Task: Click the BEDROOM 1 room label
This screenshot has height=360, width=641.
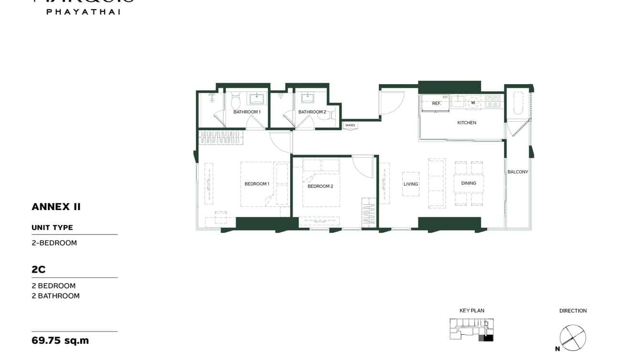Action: [257, 184]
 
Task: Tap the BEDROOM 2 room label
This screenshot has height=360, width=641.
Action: [320, 186]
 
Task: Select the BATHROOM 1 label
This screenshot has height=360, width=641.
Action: [247, 112]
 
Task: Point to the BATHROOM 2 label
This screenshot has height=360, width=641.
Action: [312, 112]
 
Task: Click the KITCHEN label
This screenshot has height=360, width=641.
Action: [467, 123]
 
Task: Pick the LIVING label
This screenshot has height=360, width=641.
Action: [411, 184]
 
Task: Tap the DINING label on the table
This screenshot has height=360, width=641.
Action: [469, 183]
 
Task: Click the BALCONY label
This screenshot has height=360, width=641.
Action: [518, 172]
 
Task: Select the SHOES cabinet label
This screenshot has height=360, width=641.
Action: [350, 126]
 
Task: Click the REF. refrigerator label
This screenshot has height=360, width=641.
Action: [437, 103]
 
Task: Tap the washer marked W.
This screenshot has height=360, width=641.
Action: [473, 103]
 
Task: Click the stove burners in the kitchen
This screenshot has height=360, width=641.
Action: [492, 101]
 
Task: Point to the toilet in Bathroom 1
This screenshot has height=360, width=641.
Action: [235, 101]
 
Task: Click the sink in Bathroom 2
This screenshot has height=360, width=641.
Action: [307, 99]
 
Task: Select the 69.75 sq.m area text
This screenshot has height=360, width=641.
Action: [60, 340]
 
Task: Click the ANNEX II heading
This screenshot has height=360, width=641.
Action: [56, 207]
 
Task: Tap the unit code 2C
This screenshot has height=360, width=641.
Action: [39, 269]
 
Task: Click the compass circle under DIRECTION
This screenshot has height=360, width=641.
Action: [573, 338]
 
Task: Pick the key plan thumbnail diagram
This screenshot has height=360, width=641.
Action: [471, 329]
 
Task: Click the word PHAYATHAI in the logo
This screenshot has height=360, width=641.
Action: [83, 11]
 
